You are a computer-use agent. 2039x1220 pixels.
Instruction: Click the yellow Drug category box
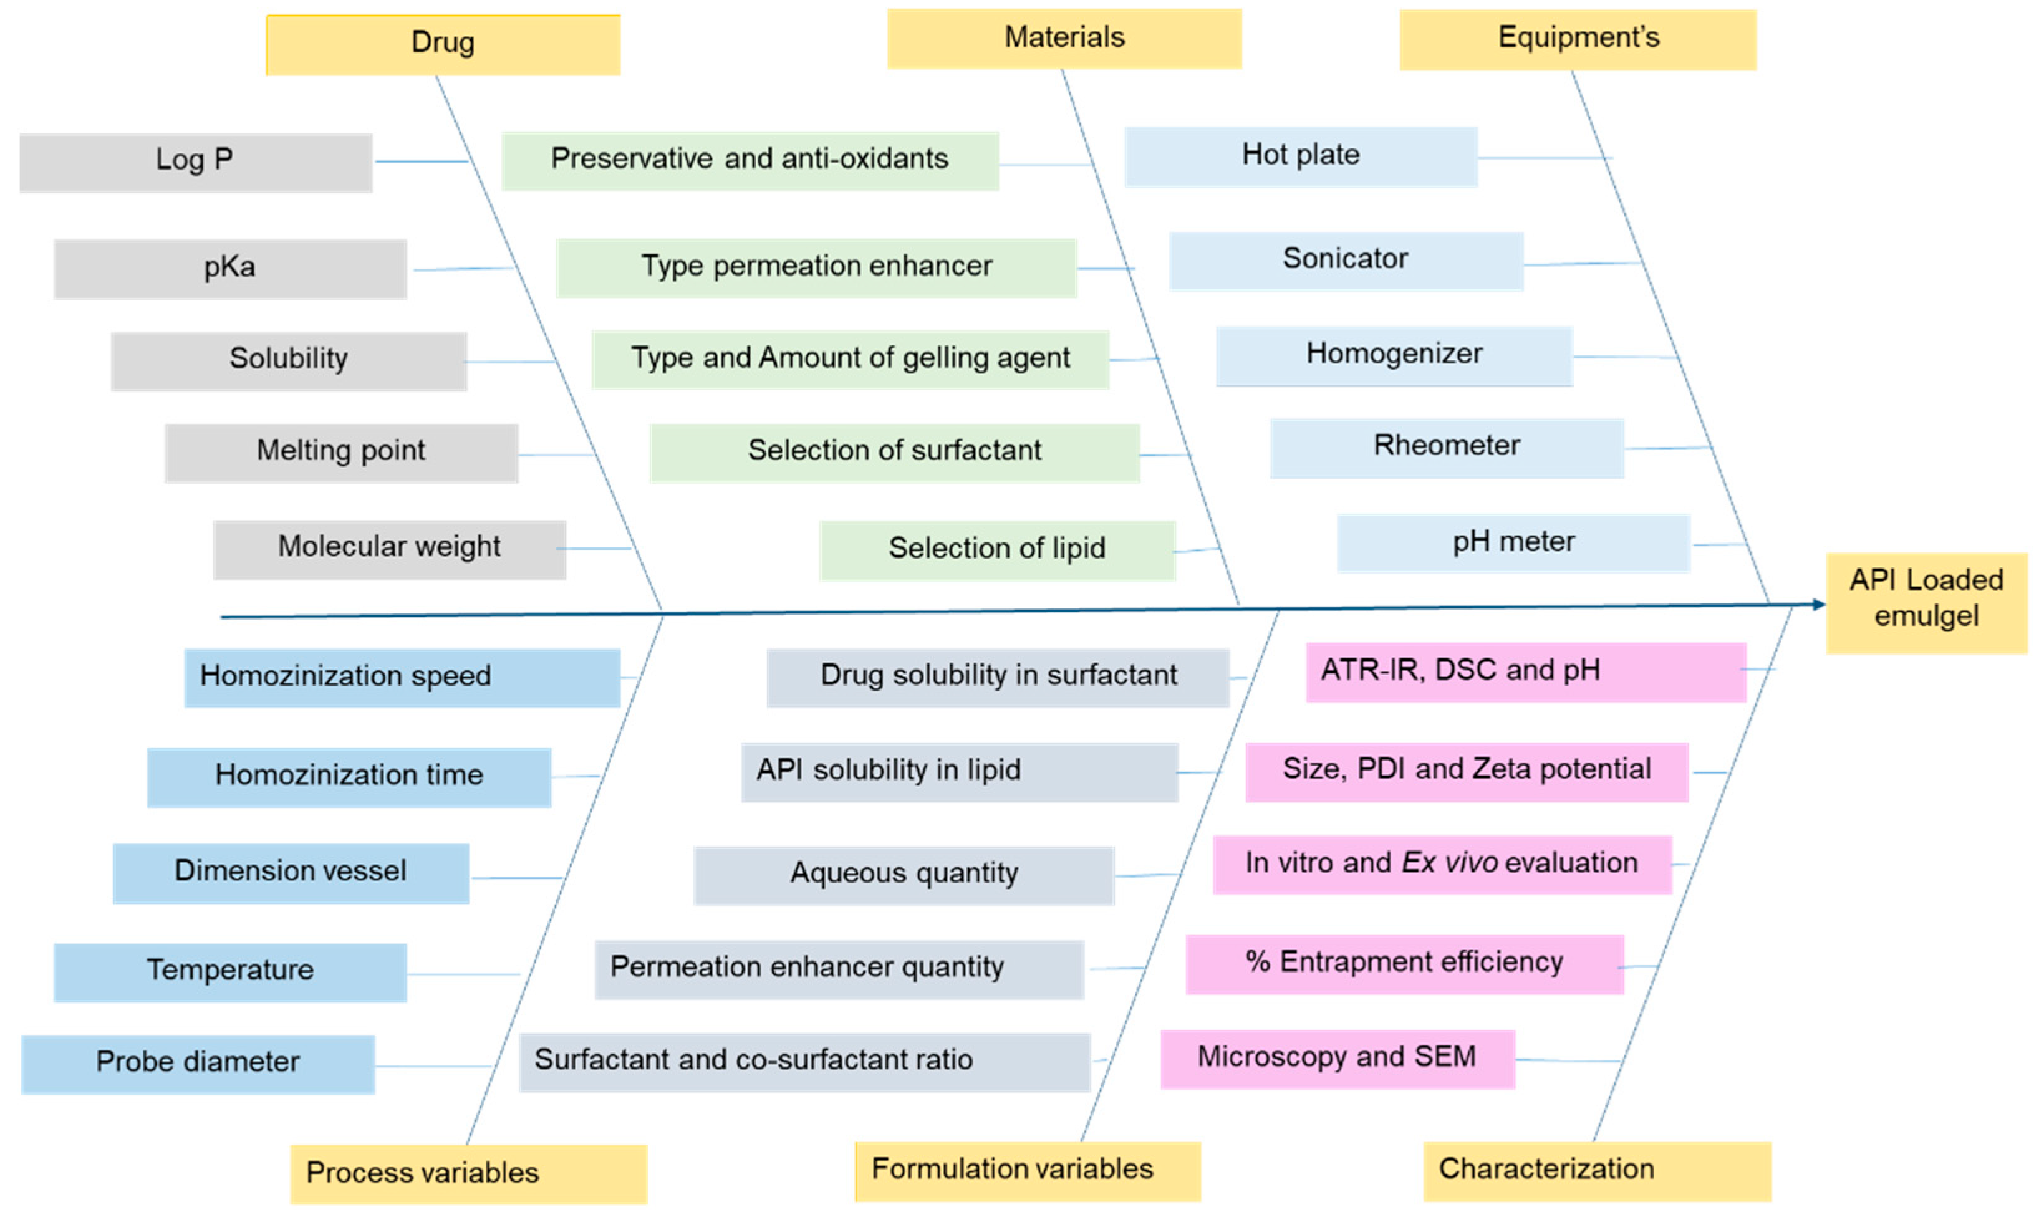[442, 44]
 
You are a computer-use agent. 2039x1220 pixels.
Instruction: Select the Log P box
[196, 162]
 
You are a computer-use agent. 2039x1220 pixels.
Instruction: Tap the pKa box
[230, 269]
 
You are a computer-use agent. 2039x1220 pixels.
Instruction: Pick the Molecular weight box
[390, 549]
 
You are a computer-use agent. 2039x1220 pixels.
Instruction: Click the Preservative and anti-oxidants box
[750, 161]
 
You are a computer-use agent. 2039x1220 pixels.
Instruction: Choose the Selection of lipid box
[996, 549]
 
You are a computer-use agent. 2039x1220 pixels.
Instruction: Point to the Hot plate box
[1301, 156]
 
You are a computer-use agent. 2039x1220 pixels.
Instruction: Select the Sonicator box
[1346, 261]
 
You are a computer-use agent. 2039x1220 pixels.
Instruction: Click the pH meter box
[1513, 542]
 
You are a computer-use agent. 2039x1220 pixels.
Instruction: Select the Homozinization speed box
[402, 678]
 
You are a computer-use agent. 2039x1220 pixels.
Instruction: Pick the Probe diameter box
[198, 1063]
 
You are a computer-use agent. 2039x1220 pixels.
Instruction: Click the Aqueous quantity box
[904, 875]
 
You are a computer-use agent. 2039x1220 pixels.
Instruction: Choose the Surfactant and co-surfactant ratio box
[804, 1061]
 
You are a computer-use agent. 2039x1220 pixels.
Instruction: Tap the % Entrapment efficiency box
[1404, 964]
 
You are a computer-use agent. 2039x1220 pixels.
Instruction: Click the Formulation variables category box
[1027, 1171]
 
